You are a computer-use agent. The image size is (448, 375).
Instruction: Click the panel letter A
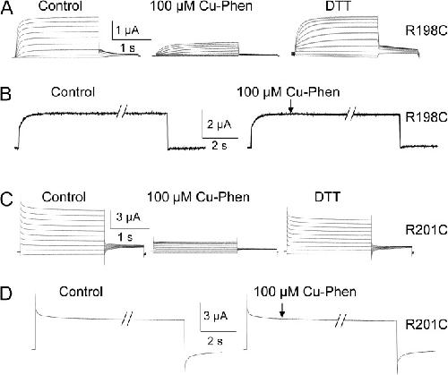(7, 8)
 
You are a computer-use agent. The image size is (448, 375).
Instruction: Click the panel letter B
(6, 93)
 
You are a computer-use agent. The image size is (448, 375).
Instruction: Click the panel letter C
(7, 200)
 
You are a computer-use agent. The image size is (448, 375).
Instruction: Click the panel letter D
(6, 294)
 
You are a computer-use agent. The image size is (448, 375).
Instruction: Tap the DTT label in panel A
(338, 6)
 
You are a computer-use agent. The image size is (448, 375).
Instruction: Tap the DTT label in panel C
(328, 197)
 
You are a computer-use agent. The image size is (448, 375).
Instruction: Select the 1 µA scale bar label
(127, 30)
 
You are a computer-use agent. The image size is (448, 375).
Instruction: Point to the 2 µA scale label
(220, 124)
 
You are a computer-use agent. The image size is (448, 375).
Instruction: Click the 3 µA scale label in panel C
(128, 217)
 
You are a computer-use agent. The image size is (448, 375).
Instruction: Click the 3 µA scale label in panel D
(216, 316)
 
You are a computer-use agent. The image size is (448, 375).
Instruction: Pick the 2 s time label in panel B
(220, 146)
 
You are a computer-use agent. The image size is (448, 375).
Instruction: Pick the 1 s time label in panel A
(128, 47)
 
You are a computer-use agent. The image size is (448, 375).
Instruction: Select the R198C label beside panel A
(426, 30)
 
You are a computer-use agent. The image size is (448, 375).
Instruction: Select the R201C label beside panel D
(426, 325)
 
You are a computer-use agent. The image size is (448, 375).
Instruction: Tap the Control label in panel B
(73, 92)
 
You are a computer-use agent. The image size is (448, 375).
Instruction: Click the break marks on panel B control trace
(122, 112)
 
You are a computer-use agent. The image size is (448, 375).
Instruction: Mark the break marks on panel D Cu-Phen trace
(340, 320)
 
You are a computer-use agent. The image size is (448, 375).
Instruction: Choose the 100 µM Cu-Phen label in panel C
(198, 197)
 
